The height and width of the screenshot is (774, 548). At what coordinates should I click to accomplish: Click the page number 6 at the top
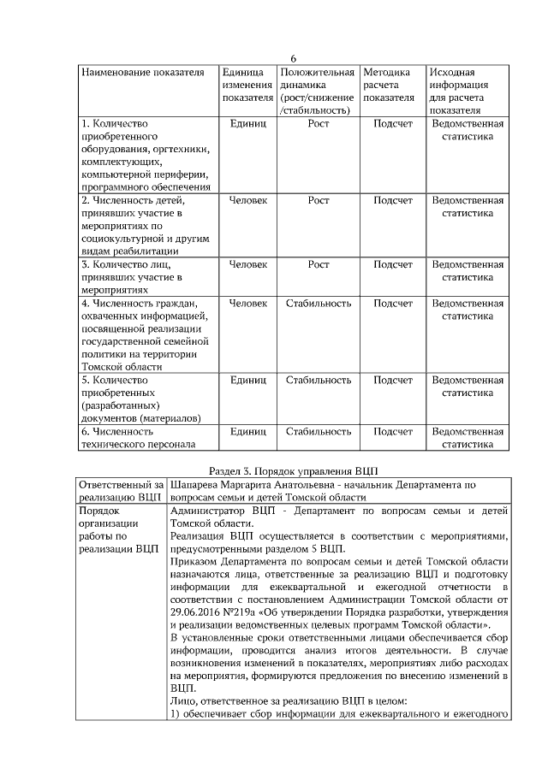[x=293, y=58]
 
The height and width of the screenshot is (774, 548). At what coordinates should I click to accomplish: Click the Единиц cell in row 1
[x=247, y=124]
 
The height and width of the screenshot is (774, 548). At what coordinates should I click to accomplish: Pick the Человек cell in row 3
[x=247, y=264]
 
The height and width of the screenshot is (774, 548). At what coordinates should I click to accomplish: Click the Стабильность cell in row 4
[x=318, y=303]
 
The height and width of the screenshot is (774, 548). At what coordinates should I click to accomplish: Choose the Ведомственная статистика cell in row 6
[x=468, y=438]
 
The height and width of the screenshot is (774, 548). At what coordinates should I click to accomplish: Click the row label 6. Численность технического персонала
[x=137, y=438]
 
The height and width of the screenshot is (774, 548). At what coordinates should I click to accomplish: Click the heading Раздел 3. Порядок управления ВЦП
[x=293, y=470]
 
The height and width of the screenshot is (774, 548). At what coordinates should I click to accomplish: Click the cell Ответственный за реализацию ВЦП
[x=121, y=490]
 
